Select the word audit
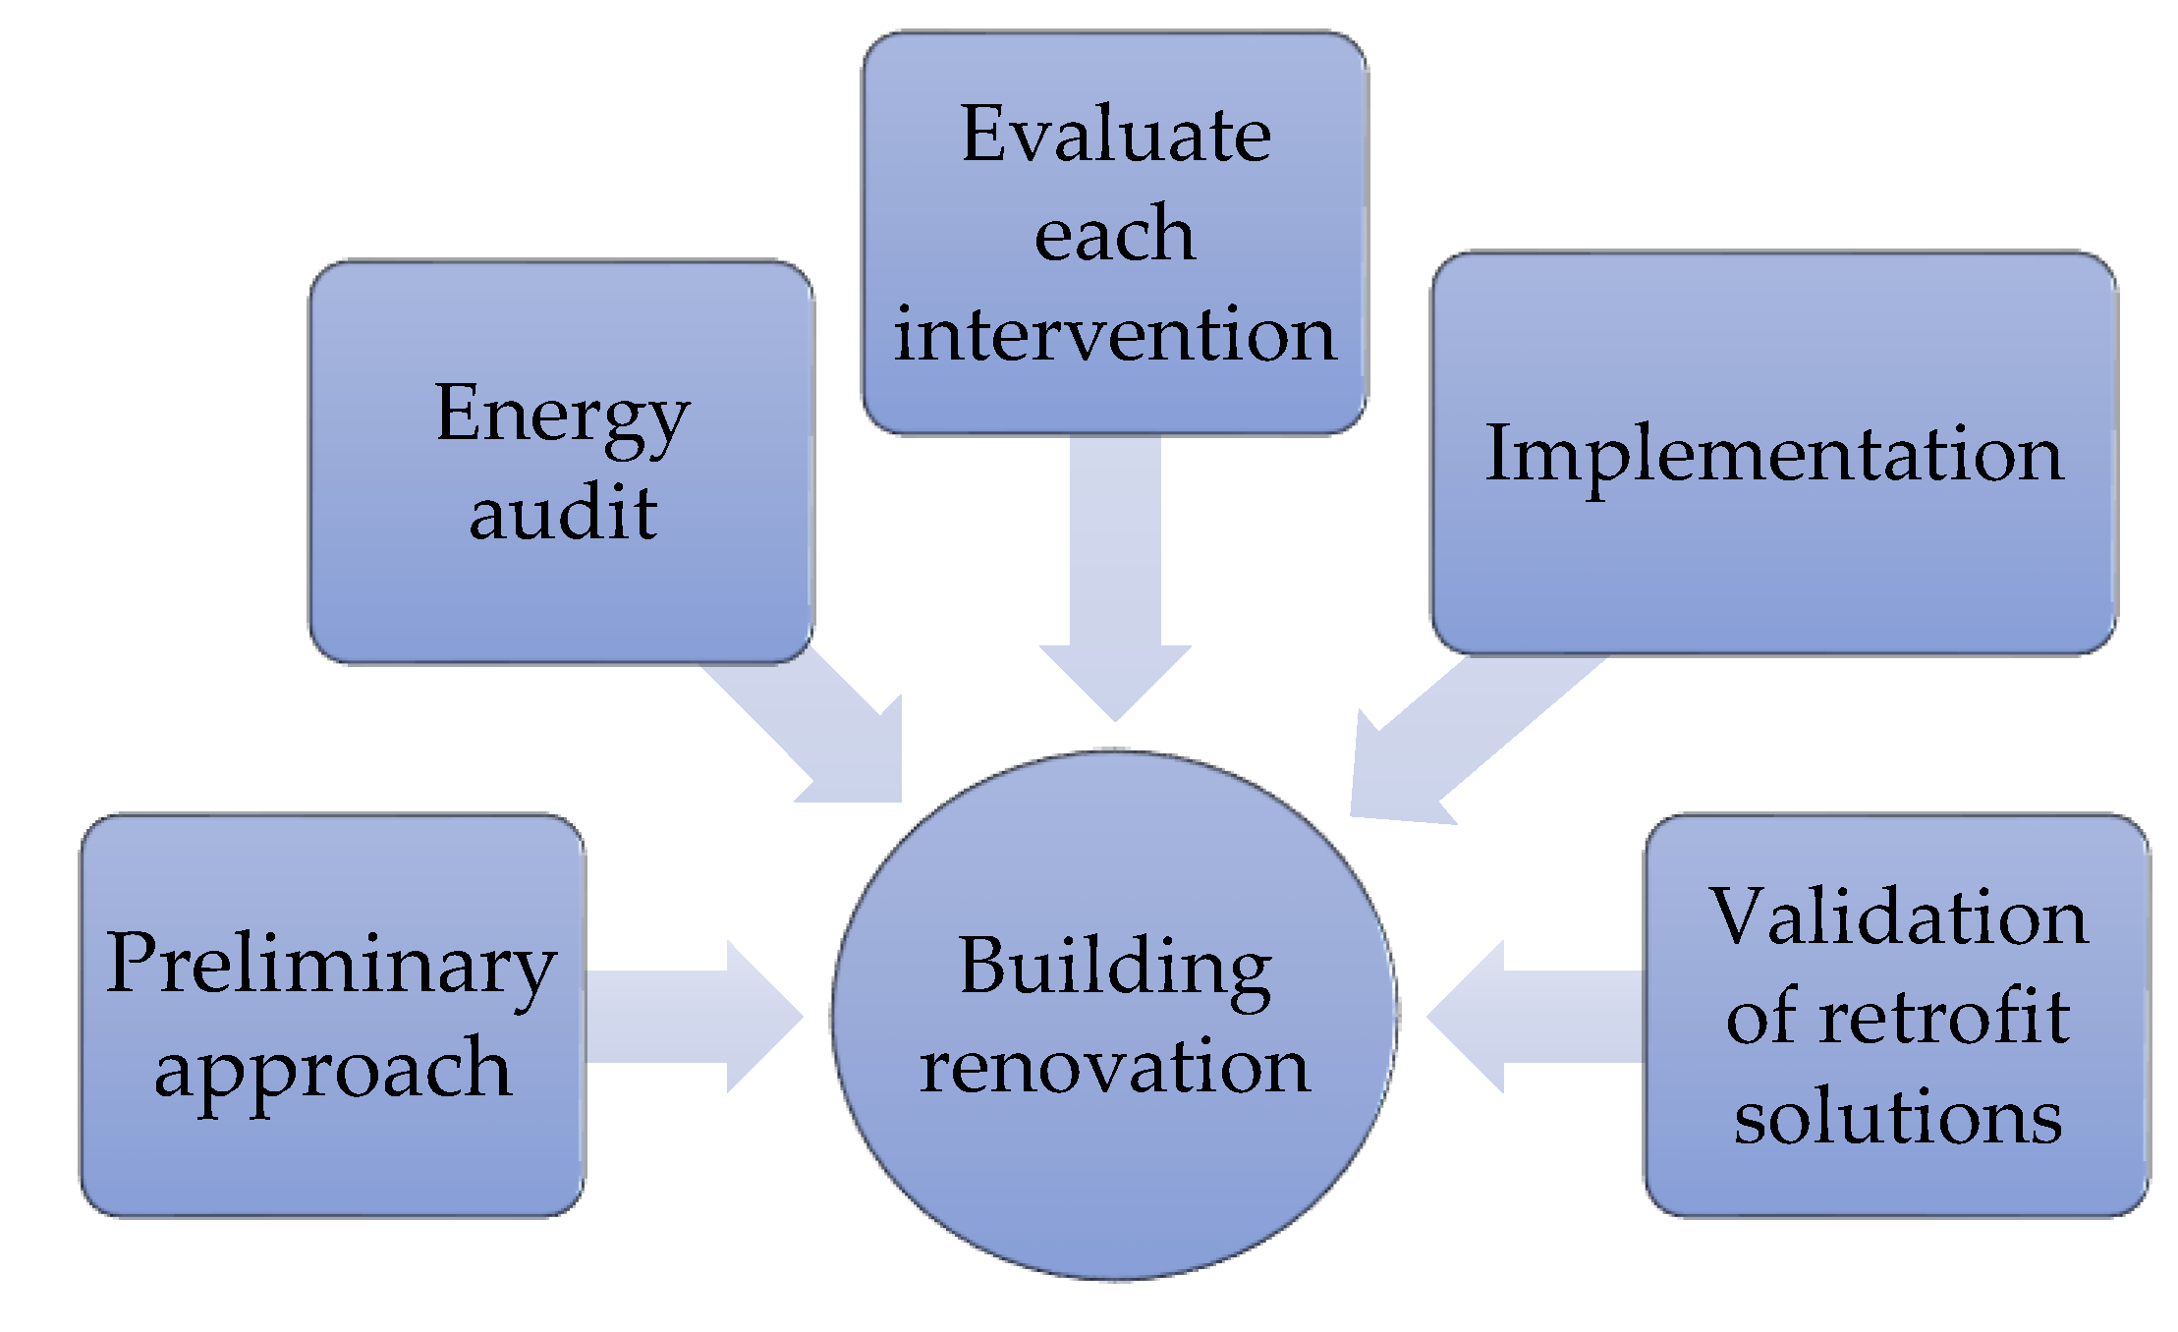click(563, 513)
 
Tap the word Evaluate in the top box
click(1116, 135)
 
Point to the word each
click(1115, 235)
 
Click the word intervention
click(1115, 334)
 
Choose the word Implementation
click(1774, 454)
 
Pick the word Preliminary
click(331, 965)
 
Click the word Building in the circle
click(1115, 967)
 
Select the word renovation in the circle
click(1115, 1067)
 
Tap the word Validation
click(1898, 917)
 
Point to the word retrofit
click(1945, 1017)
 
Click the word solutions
click(1898, 1117)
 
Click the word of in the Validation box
click(1759, 1017)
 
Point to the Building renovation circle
click(1115, 1179)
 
